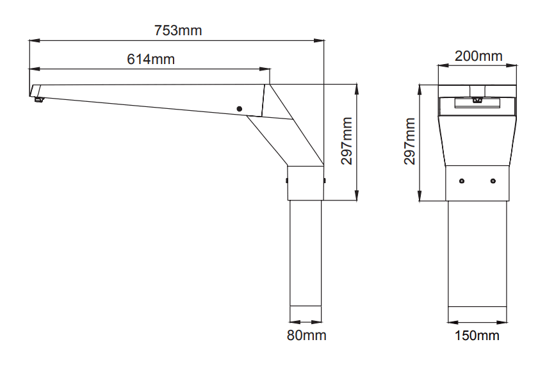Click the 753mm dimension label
point(178,30)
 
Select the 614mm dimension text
point(151,59)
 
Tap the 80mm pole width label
point(307,335)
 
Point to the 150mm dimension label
point(477,335)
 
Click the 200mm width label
point(478,56)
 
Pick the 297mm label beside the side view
point(347,141)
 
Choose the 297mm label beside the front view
point(410,142)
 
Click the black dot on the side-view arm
point(240,109)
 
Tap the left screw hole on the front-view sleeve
point(462,181)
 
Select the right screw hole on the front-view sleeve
point(493,181)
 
